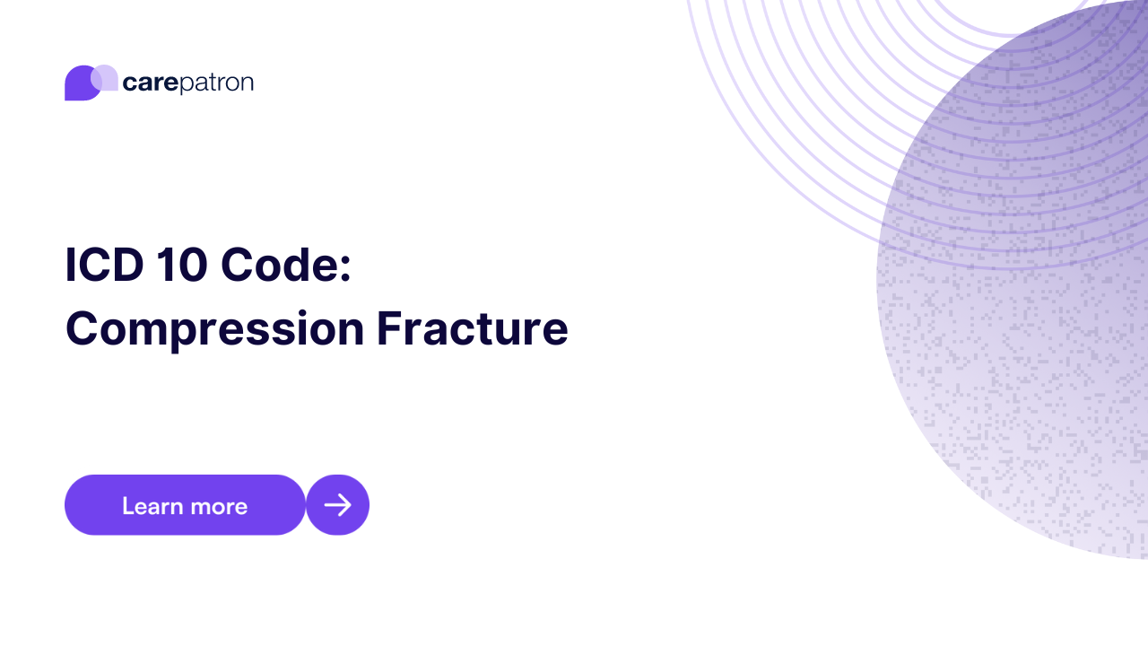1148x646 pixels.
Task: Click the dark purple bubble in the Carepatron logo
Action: tap(78, 85)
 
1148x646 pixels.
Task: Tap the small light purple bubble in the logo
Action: tap(106, 77)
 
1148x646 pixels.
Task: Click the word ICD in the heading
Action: tap(103, 266)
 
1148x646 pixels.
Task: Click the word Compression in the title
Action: tap(214, 328)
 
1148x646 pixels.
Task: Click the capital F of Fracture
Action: tap(387, 328)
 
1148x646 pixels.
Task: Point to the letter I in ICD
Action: tap(70, 266)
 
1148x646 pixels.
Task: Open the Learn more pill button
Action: tap(185, 505)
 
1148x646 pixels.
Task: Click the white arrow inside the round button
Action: tap(337, 505)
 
